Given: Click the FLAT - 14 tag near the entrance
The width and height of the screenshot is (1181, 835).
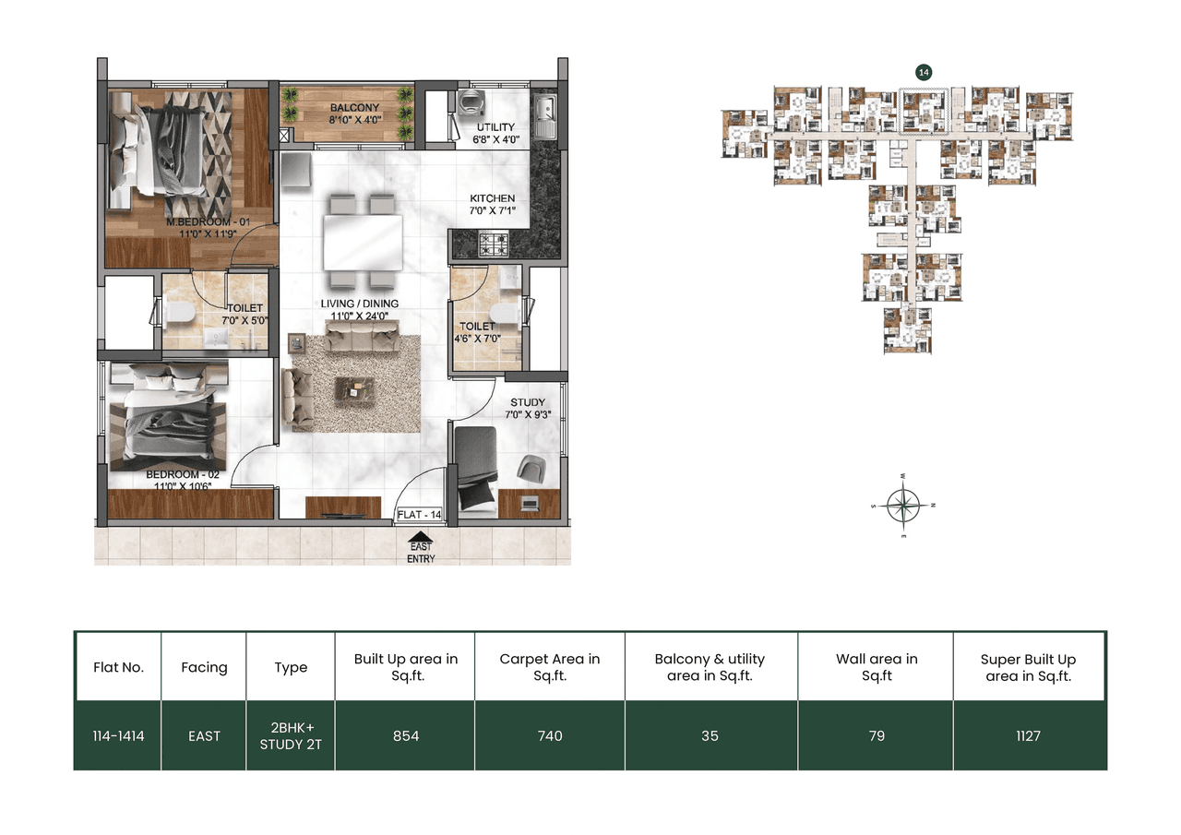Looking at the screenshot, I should coord(420,515).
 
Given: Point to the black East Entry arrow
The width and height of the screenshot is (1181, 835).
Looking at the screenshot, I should coord(421,537).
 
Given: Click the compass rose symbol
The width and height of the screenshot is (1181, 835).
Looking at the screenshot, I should coord(904,505).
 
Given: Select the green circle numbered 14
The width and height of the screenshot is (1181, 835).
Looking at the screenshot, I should coord(922,71).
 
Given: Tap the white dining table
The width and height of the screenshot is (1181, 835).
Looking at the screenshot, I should coord(362,242).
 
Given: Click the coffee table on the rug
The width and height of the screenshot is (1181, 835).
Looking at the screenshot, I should coord(355,389).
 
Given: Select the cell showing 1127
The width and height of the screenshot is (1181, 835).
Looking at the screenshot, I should coord(1029,735).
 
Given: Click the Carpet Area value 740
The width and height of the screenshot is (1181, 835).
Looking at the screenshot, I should coord(549,735).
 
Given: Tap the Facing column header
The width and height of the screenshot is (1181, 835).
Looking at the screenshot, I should coord(204,667).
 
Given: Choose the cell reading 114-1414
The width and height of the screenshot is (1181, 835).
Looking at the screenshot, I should coord(117,735).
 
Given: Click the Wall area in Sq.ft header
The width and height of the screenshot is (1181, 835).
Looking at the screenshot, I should coord(876,667).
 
